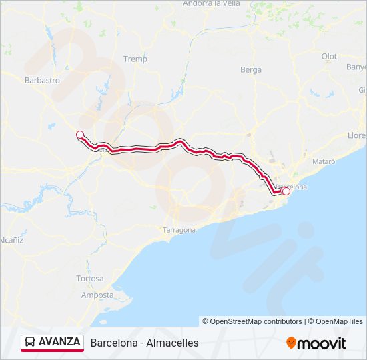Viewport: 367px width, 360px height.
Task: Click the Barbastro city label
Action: (x=42, y=80)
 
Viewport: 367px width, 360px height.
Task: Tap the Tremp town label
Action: (x=135, y=59)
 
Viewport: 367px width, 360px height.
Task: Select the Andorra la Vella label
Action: (x=211, y=3)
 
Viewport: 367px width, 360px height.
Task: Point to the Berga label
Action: (x=251, y=69)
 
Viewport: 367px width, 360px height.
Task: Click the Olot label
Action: (x=329, y=57)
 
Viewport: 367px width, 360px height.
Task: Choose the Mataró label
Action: (x=324, y=161)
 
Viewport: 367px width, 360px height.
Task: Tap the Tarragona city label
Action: (x=179, y=230)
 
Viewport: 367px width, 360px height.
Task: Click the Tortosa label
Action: (x=90, y=278)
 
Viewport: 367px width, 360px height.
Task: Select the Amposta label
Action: (x=97, y=295)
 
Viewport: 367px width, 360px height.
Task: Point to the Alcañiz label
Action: (x=11, y=239)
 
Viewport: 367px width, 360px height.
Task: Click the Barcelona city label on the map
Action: (x=292, y=187)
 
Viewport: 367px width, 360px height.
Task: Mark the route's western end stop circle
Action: (x=80, y=135)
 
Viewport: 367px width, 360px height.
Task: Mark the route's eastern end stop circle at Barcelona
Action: (x=286, y=191)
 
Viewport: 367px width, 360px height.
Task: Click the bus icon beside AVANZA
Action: (x=30, y=343)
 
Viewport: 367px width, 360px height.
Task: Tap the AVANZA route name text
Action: (x=59, y=342)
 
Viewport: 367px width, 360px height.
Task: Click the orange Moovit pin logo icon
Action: (x=291, y=343)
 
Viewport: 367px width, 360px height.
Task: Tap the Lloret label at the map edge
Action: (x=357, y=135)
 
